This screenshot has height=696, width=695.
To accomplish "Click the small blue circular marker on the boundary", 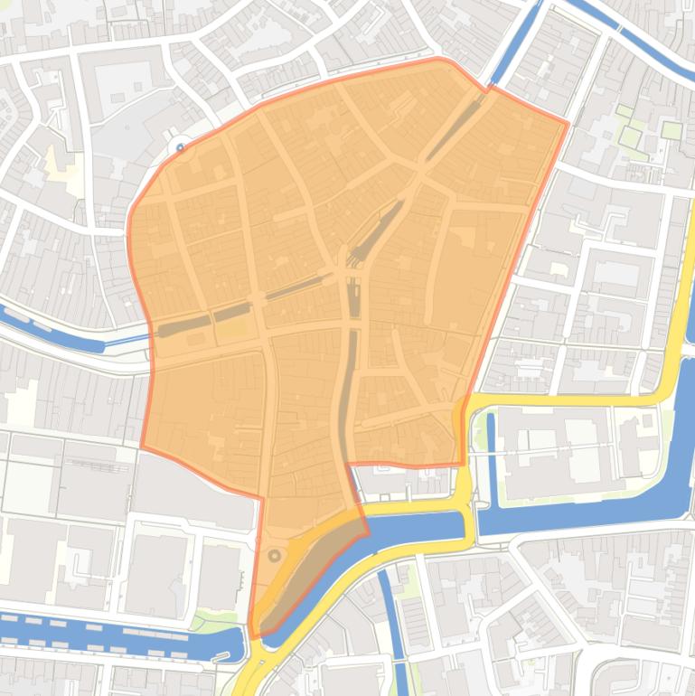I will click(181, 147).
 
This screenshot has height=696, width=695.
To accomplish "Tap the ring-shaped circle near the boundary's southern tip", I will click(275, 557).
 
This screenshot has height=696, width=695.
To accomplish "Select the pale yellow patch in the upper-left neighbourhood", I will click(61, 163).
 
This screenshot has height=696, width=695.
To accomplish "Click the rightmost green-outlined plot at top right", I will click(671, 130).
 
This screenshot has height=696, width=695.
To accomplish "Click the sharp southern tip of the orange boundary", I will click(252, 637).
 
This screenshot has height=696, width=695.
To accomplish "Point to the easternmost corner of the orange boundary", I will click(568, 123).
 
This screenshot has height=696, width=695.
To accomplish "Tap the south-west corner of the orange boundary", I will click(142, 446).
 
